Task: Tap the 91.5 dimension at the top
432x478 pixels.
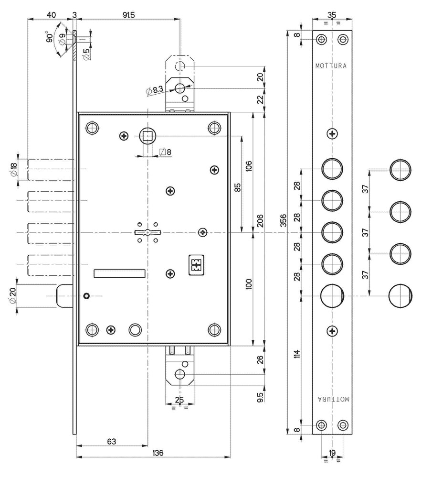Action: coord(128,14)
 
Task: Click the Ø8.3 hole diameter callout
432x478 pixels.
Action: coord(155,89)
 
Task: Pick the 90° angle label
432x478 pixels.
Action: coord(50,38)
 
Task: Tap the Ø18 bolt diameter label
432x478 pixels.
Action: coord(13,169)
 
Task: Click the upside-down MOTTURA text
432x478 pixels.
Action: coord(333,399)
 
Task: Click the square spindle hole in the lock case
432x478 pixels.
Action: coord(148,136)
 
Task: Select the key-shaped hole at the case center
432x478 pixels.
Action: coord(148,233)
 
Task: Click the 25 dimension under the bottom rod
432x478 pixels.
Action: coord(179,399)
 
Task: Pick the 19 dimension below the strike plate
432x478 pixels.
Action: coord(332,453)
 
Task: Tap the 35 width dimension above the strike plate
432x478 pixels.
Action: coord(332,14)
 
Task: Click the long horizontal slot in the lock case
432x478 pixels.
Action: coord(120,273)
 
